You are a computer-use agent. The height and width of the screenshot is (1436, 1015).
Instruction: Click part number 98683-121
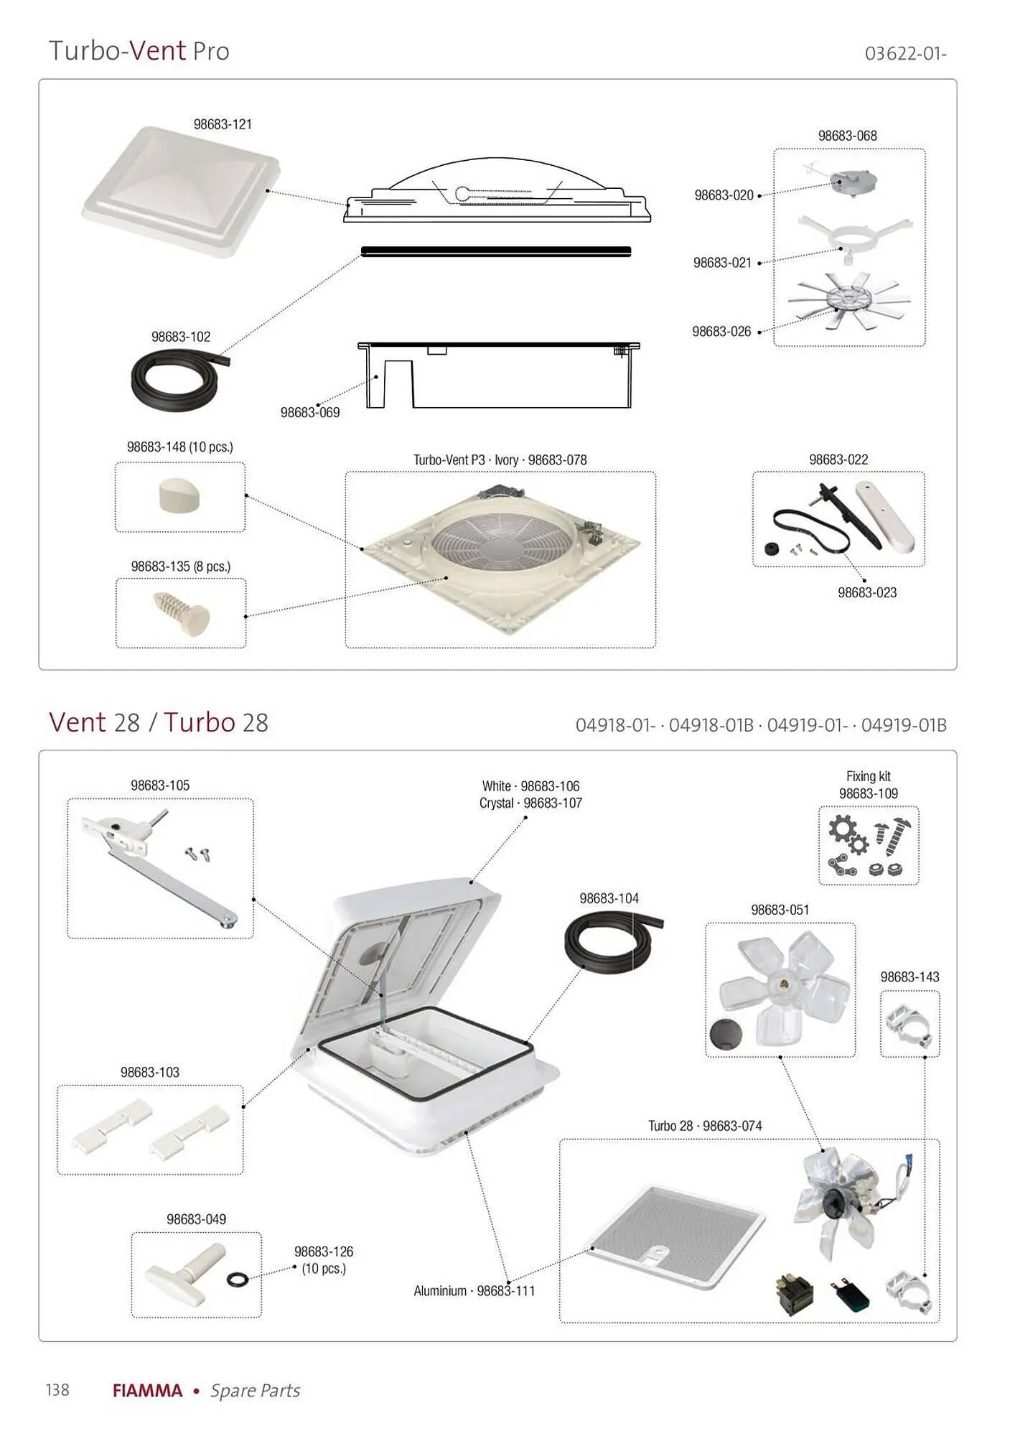[x=223, y=124]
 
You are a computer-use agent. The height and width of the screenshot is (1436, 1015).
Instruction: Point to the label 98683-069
[x=310, y=412]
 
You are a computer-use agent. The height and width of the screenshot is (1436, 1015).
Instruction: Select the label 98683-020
[x=724, y=195]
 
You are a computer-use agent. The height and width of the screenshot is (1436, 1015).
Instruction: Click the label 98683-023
[x=867, y=592]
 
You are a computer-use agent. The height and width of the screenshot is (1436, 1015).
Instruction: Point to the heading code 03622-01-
[x=906, y=54]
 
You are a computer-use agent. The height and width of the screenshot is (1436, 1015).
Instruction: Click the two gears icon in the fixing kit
[x=848, y=834]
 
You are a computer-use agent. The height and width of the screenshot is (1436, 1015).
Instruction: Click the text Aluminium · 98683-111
[x=474, y=1291]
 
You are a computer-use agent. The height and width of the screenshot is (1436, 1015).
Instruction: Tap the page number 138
[x=57, y=1390]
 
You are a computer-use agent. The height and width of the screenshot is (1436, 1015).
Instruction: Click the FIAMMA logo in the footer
[x=148, y=1391]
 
